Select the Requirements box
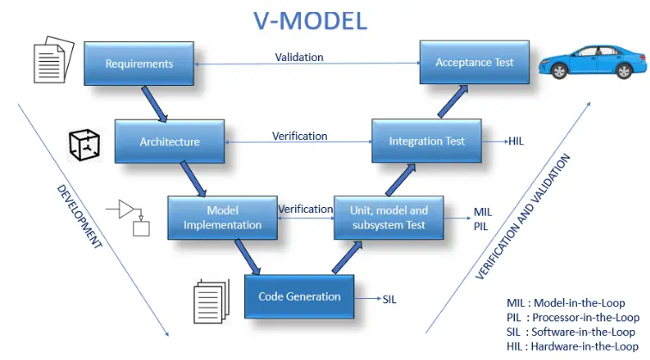point(138,64)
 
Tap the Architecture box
point(169,142)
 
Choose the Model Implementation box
point(222,218)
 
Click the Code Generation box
point(299,297)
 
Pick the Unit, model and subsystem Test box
point(389,218)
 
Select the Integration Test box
point(426,141)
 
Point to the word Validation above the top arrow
point(299,57)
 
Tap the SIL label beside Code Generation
point(391,298)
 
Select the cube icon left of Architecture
point(83,143)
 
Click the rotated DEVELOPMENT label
point(79,216)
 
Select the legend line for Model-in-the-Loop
point(566,302)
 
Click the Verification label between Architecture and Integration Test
point(299,136)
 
